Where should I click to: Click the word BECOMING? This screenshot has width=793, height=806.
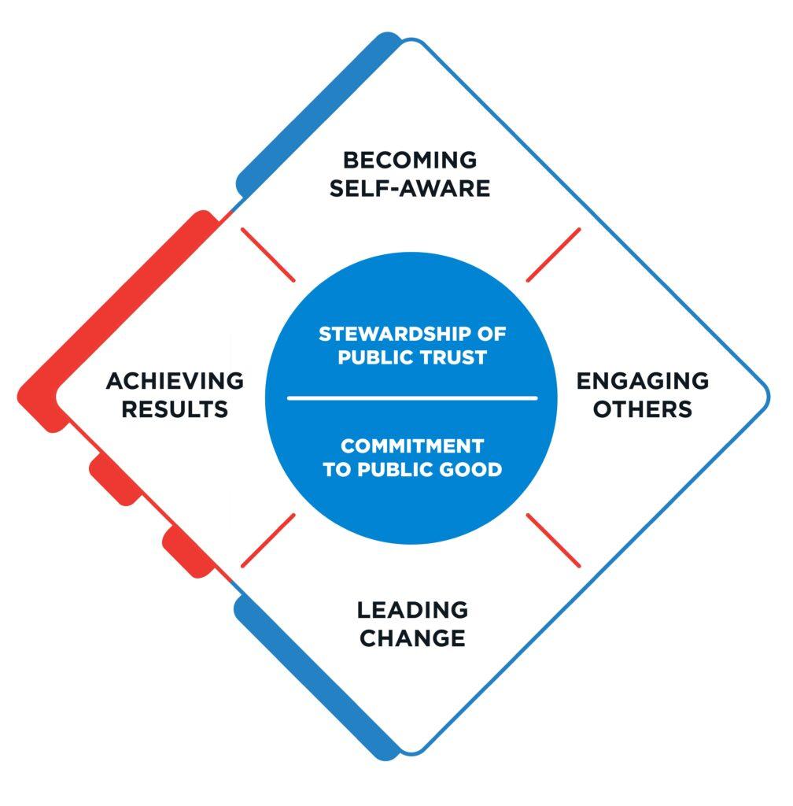(410, 160)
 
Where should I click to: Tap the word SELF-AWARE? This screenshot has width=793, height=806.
(410, 189)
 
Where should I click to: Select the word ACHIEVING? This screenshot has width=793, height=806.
(175, 381)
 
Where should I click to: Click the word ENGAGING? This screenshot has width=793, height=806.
(643, 381)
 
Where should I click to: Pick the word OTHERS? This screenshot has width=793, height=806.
(643, 409)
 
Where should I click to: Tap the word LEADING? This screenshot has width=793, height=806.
(412, 609)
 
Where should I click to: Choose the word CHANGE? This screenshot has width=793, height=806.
(412, 638)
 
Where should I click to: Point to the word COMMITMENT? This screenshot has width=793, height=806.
(411, 446)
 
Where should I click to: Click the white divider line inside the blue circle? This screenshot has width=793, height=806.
(411, 398)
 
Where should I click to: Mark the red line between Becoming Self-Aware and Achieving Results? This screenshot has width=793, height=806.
(267, 254)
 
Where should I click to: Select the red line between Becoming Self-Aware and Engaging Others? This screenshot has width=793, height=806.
(554, 254)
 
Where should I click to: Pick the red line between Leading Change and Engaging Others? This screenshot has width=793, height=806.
(554, 540)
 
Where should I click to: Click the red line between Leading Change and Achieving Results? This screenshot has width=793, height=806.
(267, 540)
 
